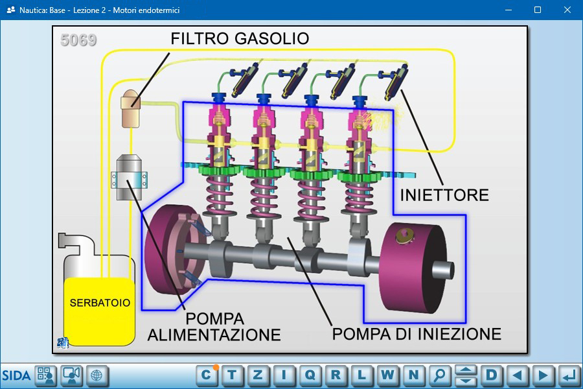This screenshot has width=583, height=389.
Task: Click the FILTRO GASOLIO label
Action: [240, 38]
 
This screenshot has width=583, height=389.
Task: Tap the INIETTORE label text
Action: [444, 195]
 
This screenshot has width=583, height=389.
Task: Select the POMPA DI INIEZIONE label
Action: [417, 334]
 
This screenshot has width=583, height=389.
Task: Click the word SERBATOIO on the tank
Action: [100, 303]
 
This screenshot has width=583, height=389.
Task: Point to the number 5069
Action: [78, 40]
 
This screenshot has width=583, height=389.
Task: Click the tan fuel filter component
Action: [130, 108]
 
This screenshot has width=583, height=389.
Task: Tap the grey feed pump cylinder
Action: [129, 178]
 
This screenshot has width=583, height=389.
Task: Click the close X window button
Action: [567, 10]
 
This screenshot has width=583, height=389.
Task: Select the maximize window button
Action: [538, 10]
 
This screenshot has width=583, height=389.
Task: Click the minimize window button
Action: [509, 10]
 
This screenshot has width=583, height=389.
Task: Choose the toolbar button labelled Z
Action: [258, 375]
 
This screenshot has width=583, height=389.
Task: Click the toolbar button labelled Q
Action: [310, 375]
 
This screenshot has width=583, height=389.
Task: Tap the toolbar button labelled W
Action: [387, 375]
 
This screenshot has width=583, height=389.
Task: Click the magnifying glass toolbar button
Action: [439, 375]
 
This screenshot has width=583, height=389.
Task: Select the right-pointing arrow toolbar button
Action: [543, 375]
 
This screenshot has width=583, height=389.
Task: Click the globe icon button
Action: [97, 375]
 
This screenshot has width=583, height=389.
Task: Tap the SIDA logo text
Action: [16, 375]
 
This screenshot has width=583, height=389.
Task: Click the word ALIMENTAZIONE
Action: [214, 335]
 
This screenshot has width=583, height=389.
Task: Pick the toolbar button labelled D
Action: [492, 375]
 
